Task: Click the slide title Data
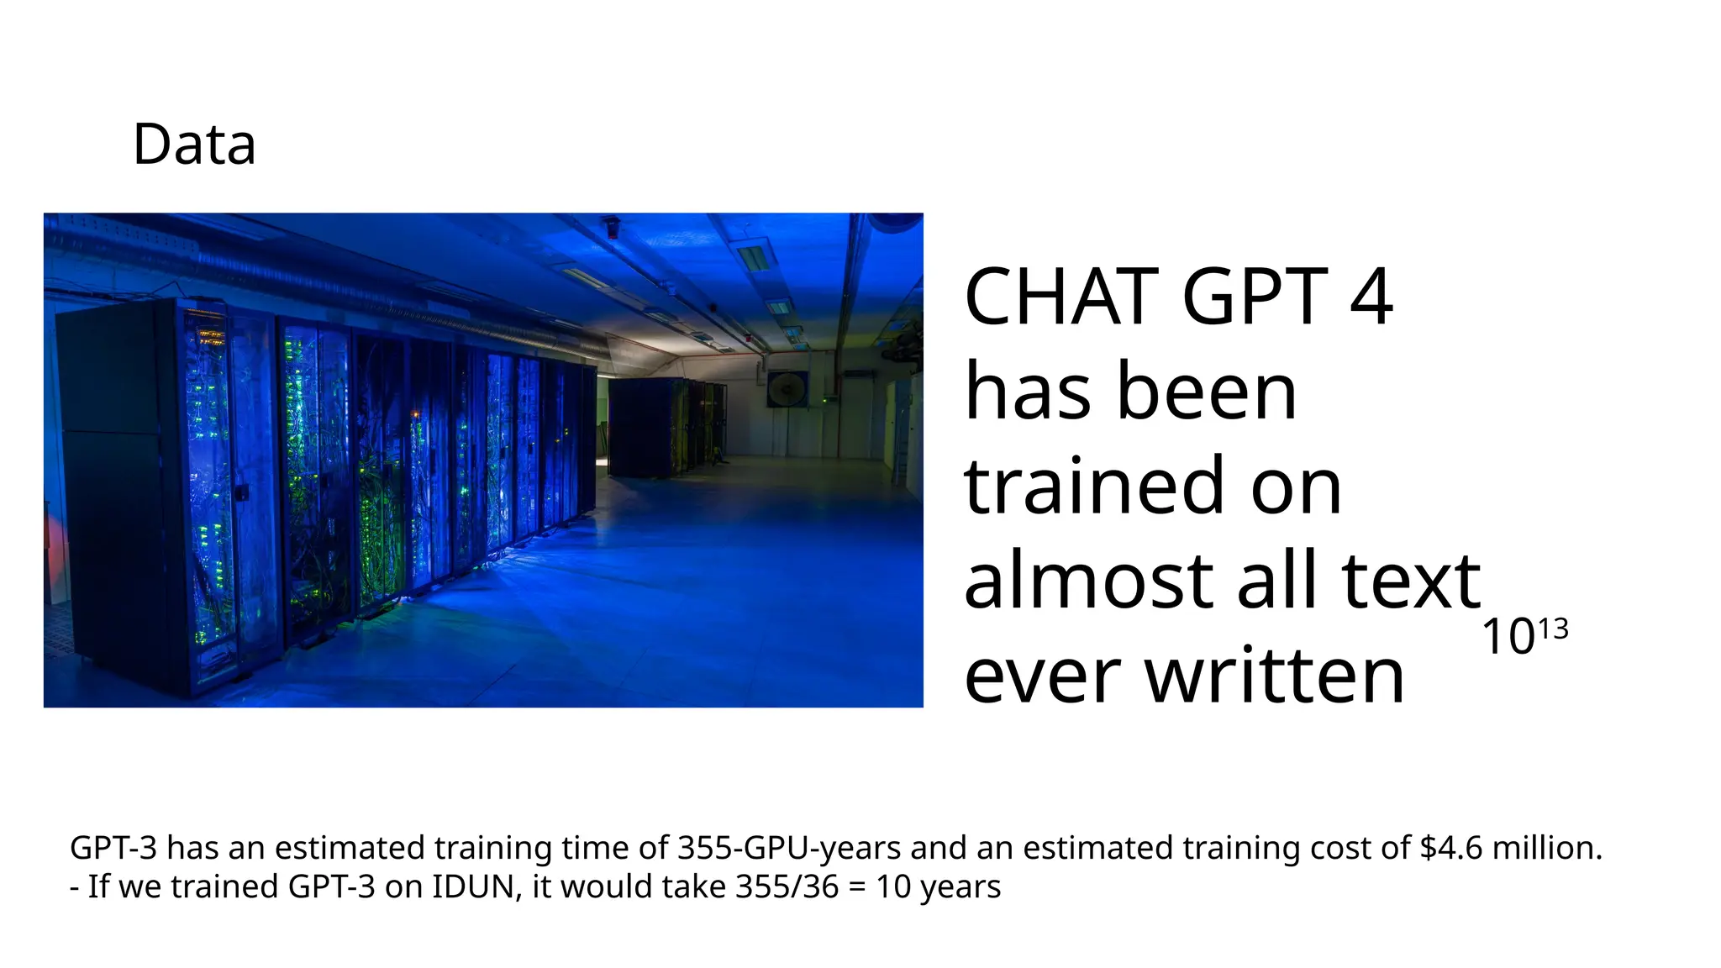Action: tap(194, 145)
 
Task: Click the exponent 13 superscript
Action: tap(1554, 629)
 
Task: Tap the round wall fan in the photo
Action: tap(787, 388)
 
